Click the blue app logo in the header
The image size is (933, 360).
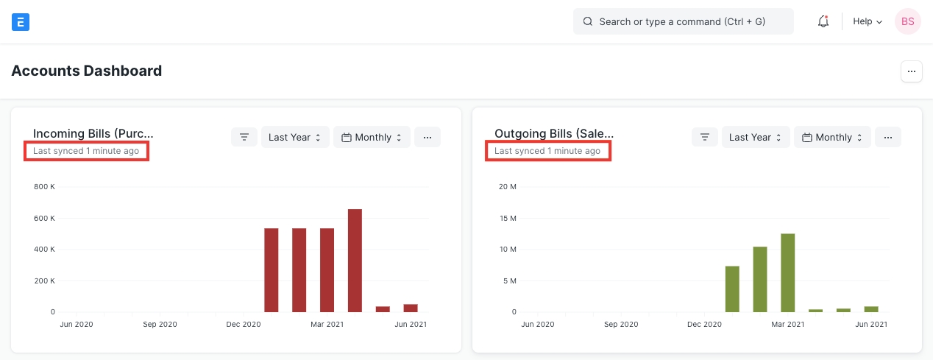21,21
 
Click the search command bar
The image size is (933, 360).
683,21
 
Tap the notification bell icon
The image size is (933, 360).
823,21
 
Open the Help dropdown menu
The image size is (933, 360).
867,21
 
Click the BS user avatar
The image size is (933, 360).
907,21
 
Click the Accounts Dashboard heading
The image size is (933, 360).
87,71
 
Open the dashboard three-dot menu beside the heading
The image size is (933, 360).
911,71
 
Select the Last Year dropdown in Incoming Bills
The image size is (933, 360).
295,137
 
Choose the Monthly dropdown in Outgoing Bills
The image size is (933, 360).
831,137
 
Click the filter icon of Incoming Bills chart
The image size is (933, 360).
244,137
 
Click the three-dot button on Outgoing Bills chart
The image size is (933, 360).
888,137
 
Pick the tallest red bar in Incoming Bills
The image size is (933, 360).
355,261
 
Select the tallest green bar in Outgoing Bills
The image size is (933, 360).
788,272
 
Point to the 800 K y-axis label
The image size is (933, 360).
44,187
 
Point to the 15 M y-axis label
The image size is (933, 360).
508,218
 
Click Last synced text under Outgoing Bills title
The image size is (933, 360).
547,151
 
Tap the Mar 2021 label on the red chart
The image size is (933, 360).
327,324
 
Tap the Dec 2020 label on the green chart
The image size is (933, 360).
704,324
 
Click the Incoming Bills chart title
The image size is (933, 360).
93,133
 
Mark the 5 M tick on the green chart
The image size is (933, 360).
509,280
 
